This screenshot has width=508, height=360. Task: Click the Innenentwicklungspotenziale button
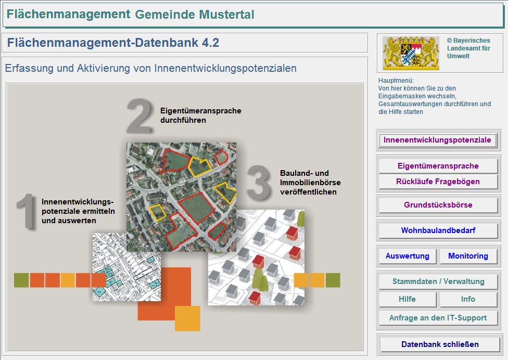[437, 140]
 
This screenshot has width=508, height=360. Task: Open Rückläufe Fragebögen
[438, 182]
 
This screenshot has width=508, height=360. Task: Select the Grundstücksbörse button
[438, 205]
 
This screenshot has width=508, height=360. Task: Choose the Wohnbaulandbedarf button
[438, 230]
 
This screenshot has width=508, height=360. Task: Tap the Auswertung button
[407, 256]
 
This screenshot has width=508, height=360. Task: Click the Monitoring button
[468, 256]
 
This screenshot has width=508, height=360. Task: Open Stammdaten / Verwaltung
[438, 281]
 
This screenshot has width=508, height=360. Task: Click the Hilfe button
[407, 299]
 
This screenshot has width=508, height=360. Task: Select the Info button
[468, 299]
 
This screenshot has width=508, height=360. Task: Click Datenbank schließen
[439, 344]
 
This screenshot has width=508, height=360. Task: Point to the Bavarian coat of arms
[411, 53]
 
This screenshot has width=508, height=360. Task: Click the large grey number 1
[26, 211]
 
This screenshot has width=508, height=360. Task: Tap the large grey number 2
[139, 117]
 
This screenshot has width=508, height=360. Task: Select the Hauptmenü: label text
[396, 81]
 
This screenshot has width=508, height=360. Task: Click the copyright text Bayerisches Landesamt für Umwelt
[468, 48]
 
